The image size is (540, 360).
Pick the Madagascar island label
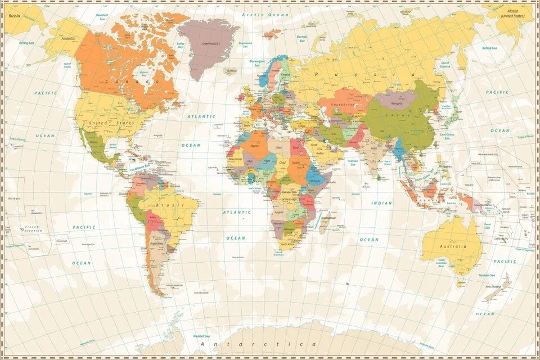328,218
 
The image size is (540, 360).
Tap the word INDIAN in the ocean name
381,203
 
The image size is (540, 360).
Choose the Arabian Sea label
353,162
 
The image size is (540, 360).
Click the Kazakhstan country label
342,105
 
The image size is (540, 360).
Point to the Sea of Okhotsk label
445,65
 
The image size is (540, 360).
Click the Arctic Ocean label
257,14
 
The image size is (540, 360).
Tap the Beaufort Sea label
102,17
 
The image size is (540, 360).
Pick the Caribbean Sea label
140,167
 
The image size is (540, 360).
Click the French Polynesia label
33,229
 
